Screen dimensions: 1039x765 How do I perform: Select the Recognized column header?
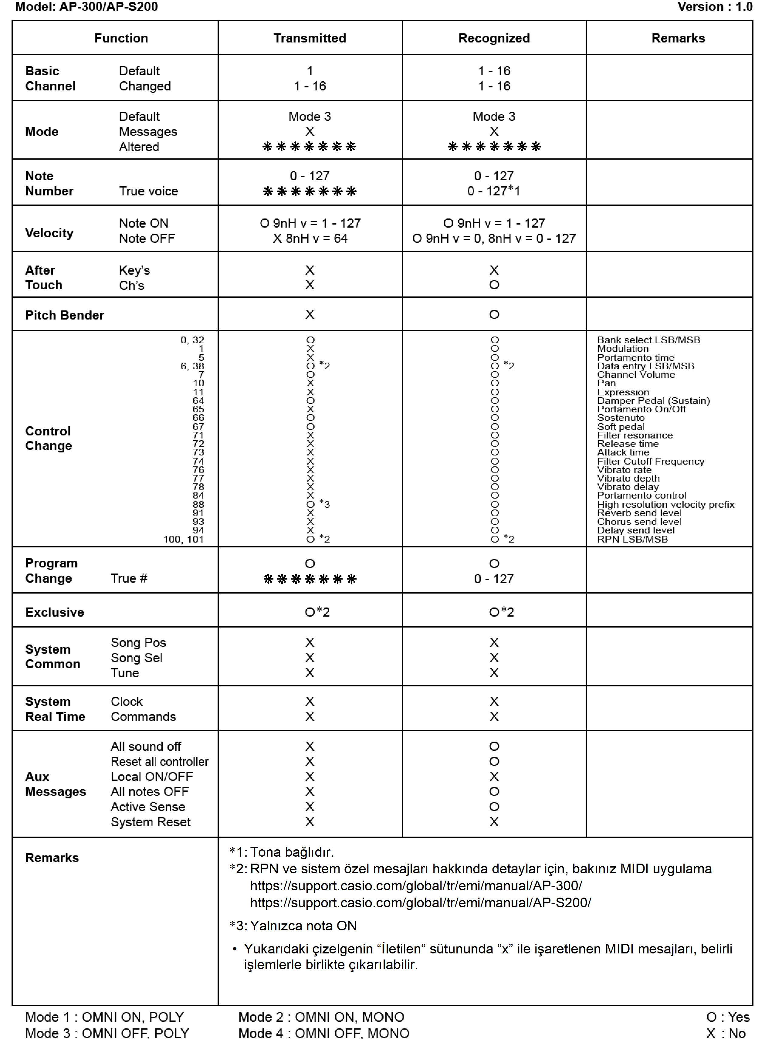click(494, 38)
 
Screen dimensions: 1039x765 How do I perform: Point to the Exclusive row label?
click(55, 612)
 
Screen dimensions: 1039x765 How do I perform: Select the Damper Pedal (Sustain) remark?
click(653, 401)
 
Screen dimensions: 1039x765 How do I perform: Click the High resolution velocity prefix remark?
click(665, 504)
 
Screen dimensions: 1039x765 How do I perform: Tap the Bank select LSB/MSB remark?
click(648, 340)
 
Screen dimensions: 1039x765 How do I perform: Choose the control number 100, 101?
click(183, 539)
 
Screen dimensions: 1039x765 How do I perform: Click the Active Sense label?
click(148, 807)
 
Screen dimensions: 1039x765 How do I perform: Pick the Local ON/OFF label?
click(151, 777)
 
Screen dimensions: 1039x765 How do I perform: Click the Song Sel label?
click(137, 658)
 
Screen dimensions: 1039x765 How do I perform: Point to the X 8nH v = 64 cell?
click(310, 239)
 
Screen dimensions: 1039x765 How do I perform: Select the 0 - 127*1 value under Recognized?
click(494, 191)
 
